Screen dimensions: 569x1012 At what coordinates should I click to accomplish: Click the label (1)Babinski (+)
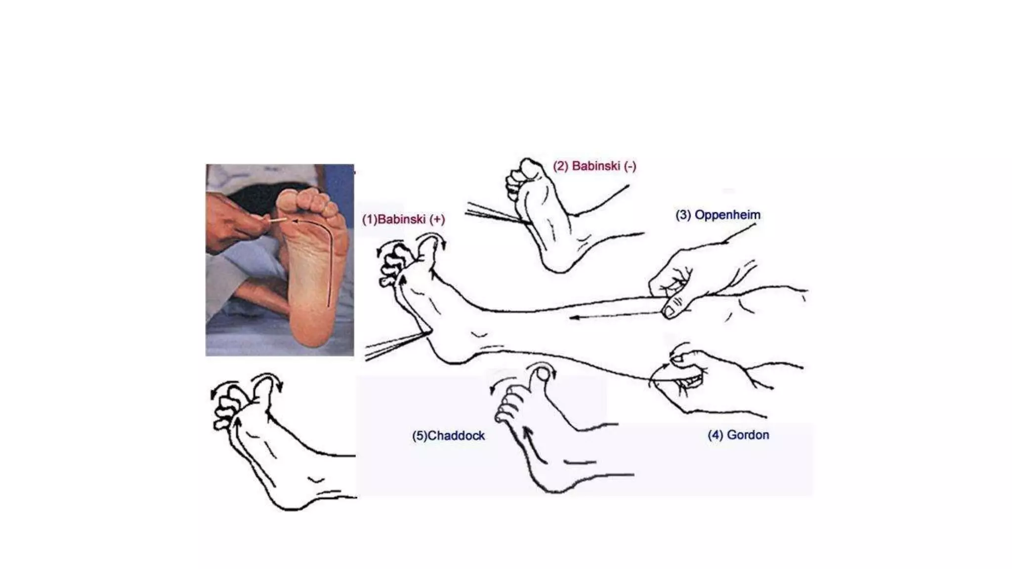[x=403, y=219]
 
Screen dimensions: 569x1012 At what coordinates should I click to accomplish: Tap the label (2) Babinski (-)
[x=594, y=166]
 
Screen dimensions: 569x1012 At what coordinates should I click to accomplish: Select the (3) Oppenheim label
[x=717, y=215]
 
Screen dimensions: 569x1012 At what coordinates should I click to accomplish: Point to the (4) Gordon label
[x=738, y=435]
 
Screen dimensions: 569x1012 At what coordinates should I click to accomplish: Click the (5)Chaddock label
[x=448, y=436]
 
